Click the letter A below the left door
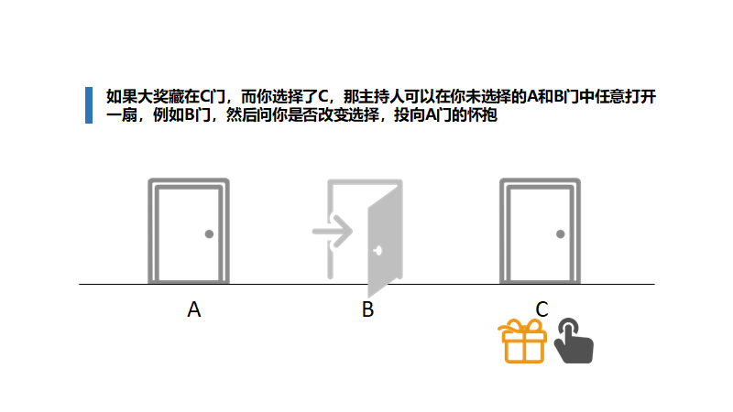pos(194,310)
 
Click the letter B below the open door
pos(367,310)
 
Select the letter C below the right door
pos(542,310)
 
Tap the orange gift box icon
pos(524,342)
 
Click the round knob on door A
pos(209,234)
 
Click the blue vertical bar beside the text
pos(88,104)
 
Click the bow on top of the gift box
pos(524,327)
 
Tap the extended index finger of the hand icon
pos(567,328)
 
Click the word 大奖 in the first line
pos(151,95)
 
